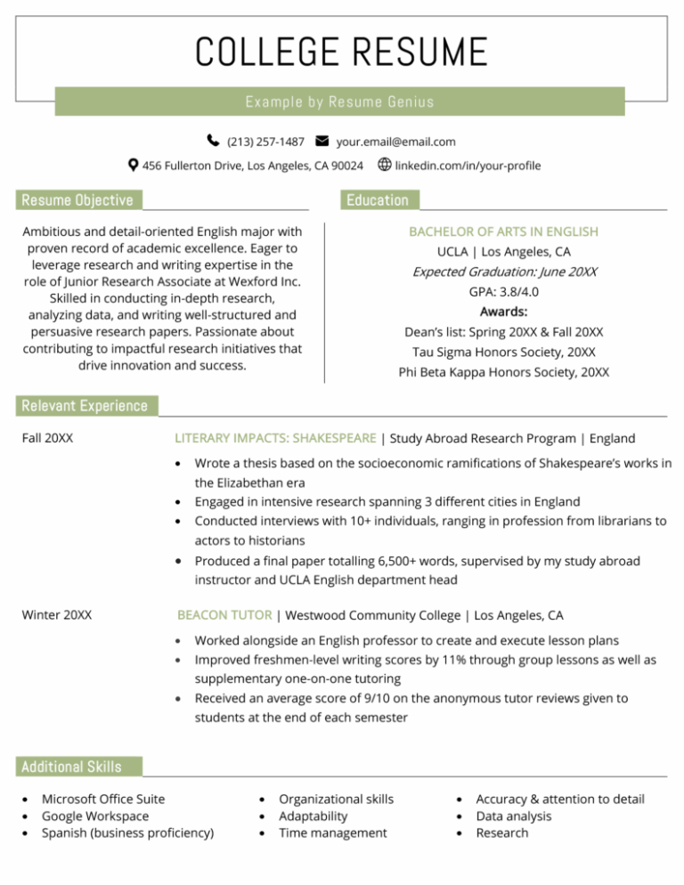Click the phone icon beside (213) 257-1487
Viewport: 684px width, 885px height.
213,141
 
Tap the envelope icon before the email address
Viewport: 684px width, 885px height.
322,141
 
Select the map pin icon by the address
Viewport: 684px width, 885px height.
133,166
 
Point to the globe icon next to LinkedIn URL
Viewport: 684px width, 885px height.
385,165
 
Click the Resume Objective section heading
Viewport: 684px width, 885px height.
77,200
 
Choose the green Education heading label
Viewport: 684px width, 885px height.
378,200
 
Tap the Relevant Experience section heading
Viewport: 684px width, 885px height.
85,406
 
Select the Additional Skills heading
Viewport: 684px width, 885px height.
71,767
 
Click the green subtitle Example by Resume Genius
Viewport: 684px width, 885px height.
340,101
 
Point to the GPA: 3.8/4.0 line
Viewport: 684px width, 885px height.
503,292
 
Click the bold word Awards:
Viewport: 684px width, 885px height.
503,312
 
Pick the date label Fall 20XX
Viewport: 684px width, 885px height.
47,438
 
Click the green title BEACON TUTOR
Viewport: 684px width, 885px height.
225,615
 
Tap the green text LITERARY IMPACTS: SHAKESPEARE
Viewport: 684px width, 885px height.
275,438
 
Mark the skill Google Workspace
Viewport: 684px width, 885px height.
95,816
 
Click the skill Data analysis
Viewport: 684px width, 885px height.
514,816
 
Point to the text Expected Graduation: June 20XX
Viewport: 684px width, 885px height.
504,272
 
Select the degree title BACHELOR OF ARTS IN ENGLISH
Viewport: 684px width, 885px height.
503,231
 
